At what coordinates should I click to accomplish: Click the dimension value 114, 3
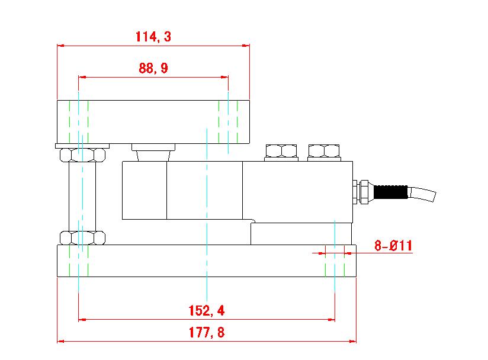[x=153, y=37]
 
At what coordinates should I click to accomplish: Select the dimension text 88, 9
[x=153, y=68]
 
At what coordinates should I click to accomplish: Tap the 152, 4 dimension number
[x=206, y=310]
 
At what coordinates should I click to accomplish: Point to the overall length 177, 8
[x=206, y=332]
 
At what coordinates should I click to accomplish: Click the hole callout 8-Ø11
[x=393, y=246]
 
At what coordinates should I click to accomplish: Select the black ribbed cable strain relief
[x=391, y=192]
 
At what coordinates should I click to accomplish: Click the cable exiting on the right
[x=422, y=194]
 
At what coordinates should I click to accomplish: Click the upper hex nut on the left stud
[x=82, y=155]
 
